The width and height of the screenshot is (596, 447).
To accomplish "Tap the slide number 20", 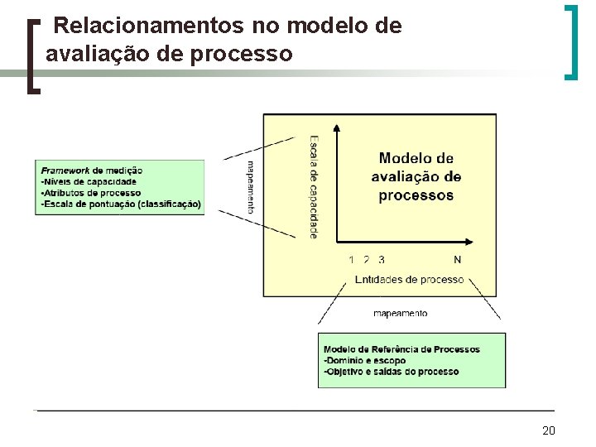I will (x=548, y=430).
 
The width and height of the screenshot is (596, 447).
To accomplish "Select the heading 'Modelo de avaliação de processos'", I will (x=416, y=176).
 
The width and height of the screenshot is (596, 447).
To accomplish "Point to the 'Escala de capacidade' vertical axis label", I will (x=314, y=186).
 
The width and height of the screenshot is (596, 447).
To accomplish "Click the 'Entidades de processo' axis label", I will (x=409, y=280).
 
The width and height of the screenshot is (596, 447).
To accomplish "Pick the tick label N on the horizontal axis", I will (x=458, y=259).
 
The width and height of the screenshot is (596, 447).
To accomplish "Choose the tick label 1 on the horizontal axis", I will (x=352, y=259).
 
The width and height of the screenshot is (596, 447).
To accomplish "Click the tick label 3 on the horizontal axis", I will (x=381, y=259).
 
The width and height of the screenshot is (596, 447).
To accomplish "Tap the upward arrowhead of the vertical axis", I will (x=337, y=128).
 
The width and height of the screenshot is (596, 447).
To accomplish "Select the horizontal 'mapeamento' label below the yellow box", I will (x=401, y=314).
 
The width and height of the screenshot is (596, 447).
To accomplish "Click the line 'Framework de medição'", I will (x=92, y=171).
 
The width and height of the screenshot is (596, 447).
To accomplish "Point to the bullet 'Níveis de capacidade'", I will (x=89, y=181).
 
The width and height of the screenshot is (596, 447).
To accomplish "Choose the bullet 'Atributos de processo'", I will (x=91, y=193).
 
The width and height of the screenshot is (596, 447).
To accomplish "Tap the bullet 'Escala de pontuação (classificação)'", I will (x=121, y=204).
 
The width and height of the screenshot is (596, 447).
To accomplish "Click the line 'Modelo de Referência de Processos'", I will (x=401, y=349).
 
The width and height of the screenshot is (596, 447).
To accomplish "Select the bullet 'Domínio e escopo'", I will (x=365, y=361).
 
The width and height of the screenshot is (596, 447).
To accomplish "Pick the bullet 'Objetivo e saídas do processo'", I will (x=392, y=372).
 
